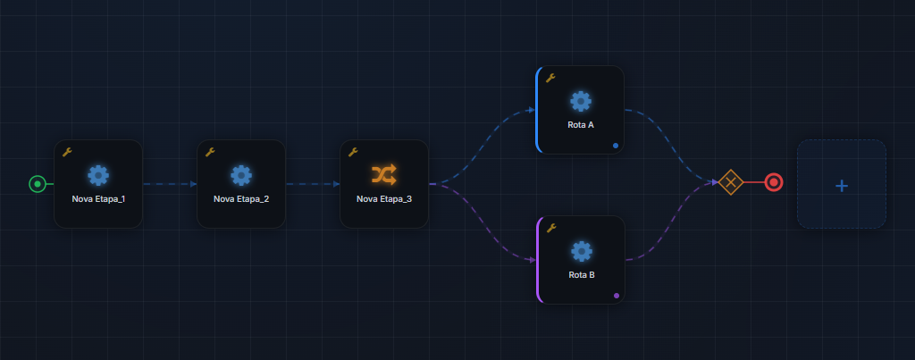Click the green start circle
38,184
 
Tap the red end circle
774,182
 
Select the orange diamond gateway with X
730,182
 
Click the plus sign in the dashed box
842,186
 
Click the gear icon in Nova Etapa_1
98,175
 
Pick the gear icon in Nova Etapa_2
241,175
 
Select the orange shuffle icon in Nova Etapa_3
384,174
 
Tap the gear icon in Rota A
581,102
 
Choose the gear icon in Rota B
581,252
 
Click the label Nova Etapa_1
98,199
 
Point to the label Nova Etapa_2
241,199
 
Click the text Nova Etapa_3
384,199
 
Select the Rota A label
581,125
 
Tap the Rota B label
581,275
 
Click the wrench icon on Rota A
550,78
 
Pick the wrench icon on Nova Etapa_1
67,152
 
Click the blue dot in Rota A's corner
616,146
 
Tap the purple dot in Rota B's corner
617,295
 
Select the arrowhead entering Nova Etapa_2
193,184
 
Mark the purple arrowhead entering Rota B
533,260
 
